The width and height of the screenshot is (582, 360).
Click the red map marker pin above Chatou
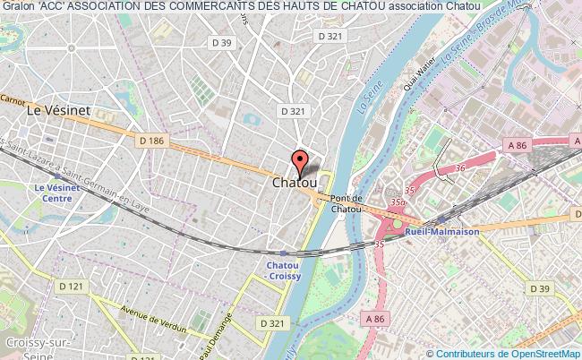(302, 164)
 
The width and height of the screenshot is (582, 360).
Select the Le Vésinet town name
(61, 111)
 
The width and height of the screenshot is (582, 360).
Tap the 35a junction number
(398, 204)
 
